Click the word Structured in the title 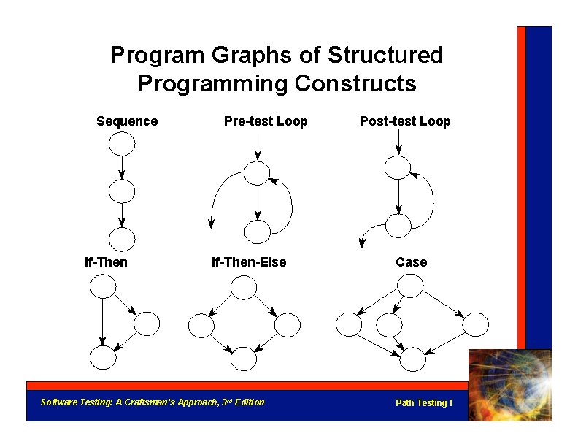tap(385, 55)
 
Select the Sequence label tap(127, 121)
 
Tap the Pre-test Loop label tap(266, 121)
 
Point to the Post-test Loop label tap(405, 121)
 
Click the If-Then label tap(106, 262)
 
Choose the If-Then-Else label tap(249, 262)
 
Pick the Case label tap(412, 262)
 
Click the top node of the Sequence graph tap(122, 144)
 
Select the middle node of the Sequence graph tap(122, 191)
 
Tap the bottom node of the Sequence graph tap(122, 239)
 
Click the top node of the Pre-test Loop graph tap(257, 172)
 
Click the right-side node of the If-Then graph tap(147, 324)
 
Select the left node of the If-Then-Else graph tap(201, 324)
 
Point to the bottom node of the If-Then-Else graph tap(244, 358)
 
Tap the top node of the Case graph tap(410, 286)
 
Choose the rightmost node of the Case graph tap(475, 324)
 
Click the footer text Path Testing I tap(423, 403)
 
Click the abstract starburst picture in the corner tap(510, 384)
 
